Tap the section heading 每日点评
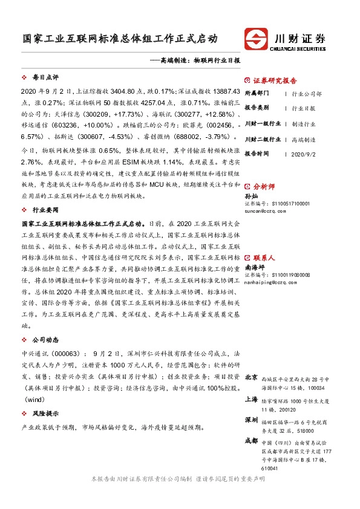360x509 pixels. [45, 78]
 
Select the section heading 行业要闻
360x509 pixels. [45, 210]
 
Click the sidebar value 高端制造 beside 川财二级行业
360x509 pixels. [303, 139]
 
